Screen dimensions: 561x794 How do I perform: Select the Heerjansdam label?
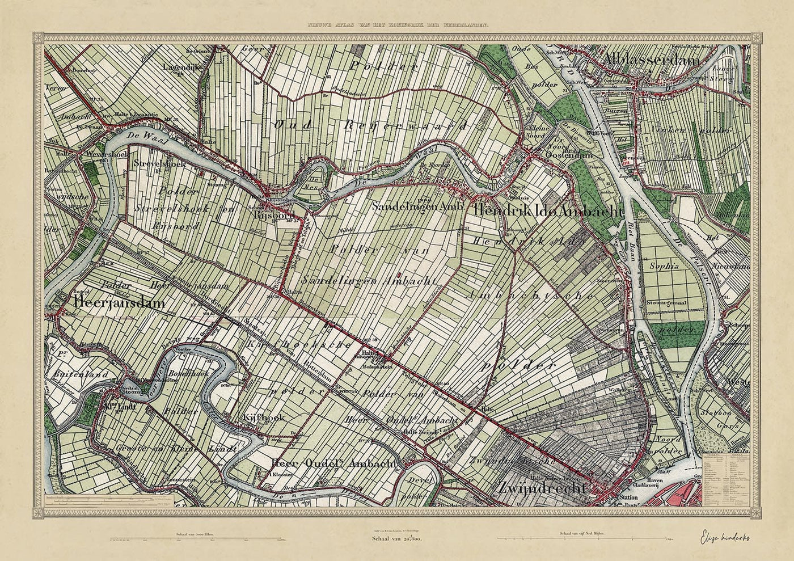click(119, 303)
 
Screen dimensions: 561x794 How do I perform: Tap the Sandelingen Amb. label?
click(419, 208)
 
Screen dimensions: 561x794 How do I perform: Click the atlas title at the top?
click(397, 26)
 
